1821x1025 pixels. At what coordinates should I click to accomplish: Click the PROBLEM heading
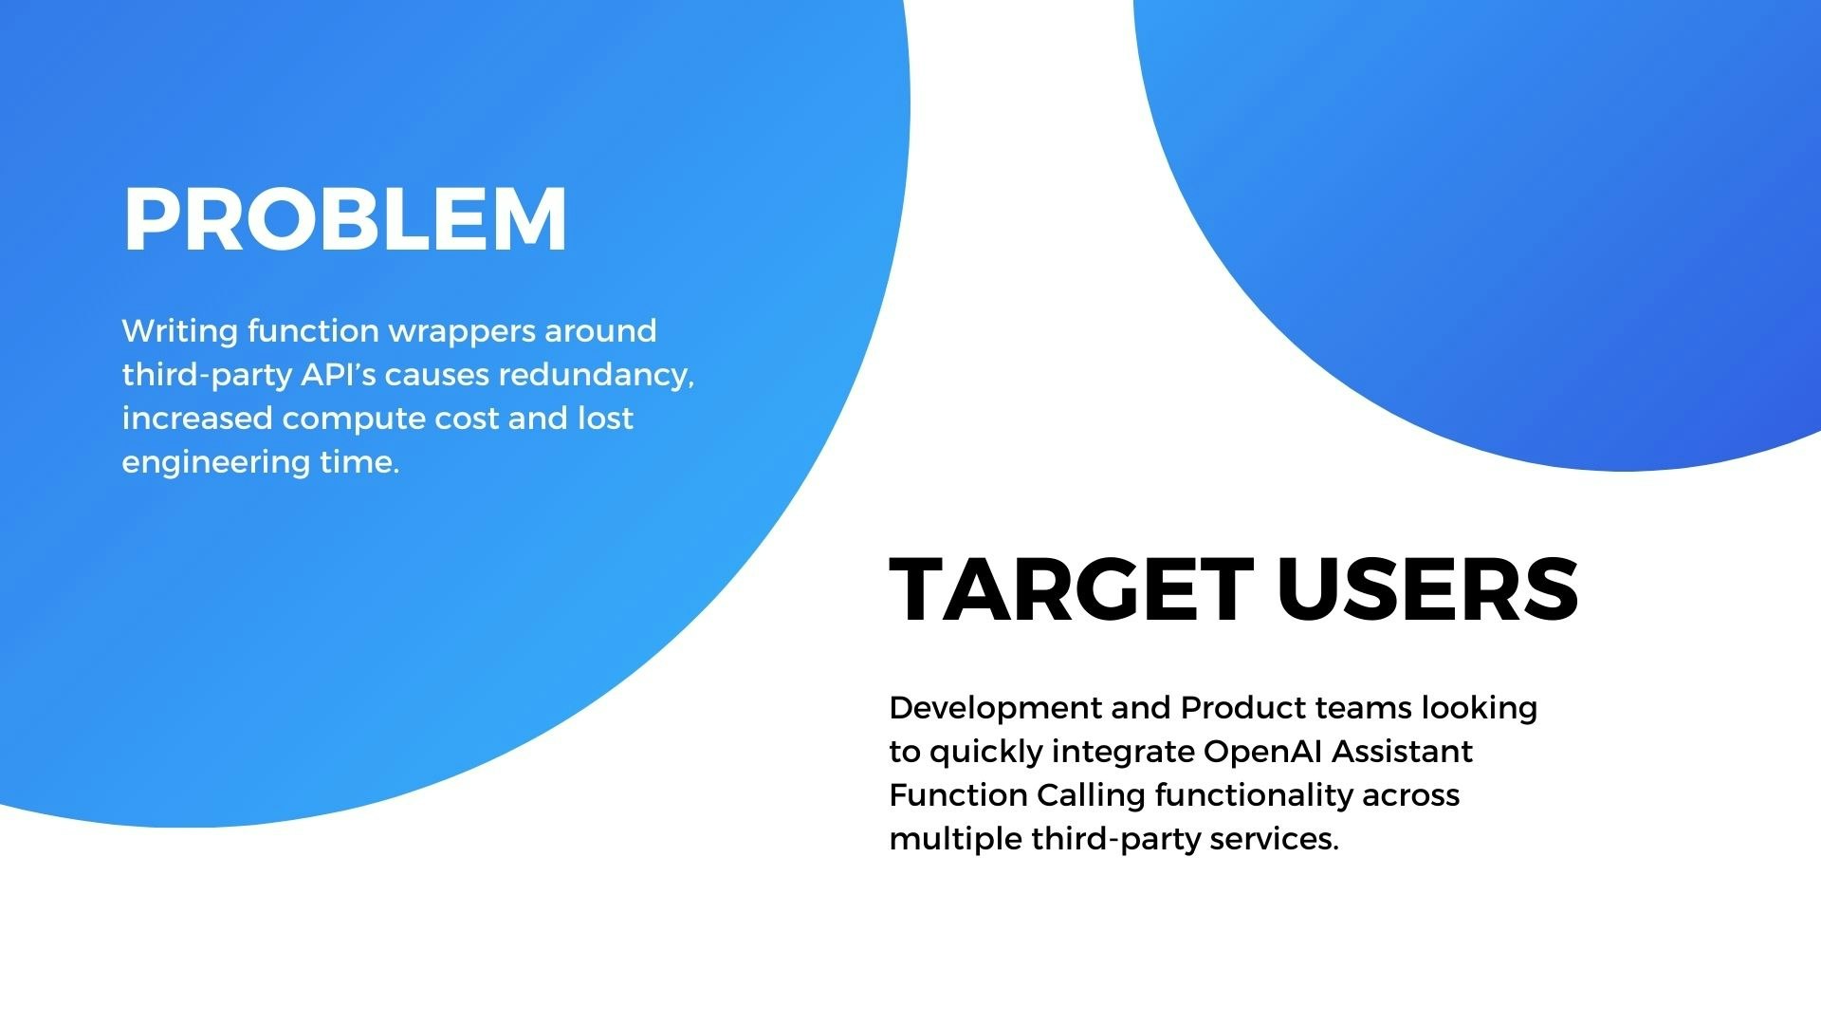[x=345, y=219]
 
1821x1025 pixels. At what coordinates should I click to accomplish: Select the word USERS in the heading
[x=1428, y=589]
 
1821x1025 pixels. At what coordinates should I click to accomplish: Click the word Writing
[x=180, y=332]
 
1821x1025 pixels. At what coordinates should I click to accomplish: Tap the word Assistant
[x=1402, y=752]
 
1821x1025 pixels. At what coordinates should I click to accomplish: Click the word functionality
[x=1254, y=796]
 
